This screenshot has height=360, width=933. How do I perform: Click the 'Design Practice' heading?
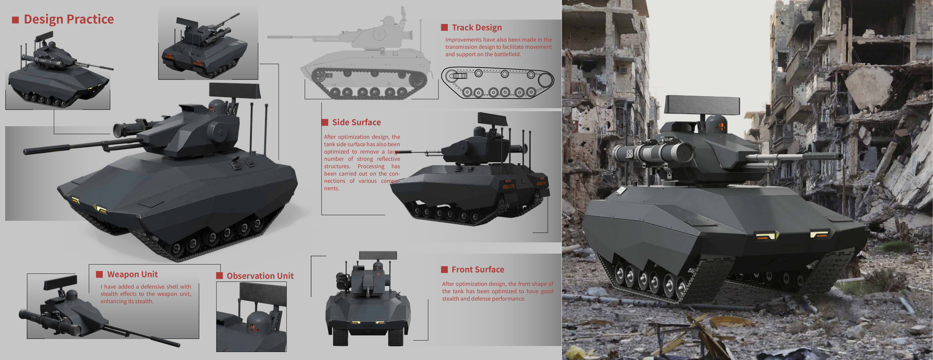point(69,19)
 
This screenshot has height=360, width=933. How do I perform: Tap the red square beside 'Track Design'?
point(444,28)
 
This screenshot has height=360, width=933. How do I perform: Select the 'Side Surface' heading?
point(356,122)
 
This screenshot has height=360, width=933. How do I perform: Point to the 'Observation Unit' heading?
point(260,276)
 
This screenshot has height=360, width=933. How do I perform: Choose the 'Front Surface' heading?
point(478,269)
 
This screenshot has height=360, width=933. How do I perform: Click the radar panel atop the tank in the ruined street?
point(703,106)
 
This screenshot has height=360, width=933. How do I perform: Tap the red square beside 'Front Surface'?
point(444,269)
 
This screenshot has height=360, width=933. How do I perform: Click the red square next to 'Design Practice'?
point(15,20)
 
